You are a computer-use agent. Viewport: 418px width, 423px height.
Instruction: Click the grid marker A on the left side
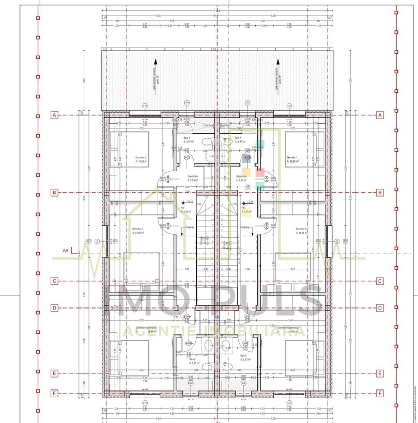tap(54, 115)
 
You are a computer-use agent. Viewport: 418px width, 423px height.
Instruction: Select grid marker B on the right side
tap(380, 192)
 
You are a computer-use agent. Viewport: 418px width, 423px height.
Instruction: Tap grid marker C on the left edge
tap(54, 281)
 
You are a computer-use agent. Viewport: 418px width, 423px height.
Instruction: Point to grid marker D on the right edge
tap(380, 308)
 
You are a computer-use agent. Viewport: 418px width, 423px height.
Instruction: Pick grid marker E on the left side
tap(54, 373)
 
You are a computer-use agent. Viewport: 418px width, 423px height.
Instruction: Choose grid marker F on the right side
tap(380, 393)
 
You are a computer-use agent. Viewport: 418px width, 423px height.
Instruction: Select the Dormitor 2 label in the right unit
tap(301, 229)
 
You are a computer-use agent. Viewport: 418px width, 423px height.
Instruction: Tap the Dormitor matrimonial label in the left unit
tap(147, 328)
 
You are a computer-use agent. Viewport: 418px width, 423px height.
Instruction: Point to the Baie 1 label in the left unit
tap(187, 138)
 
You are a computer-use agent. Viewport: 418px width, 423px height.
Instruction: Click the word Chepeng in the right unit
tap(245, 226)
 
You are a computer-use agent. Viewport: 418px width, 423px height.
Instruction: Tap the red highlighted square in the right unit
tap(259, 173)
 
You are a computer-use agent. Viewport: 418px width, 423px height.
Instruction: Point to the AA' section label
tap(66, 251)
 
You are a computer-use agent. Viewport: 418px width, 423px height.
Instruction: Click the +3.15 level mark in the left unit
tap(189, 202)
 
